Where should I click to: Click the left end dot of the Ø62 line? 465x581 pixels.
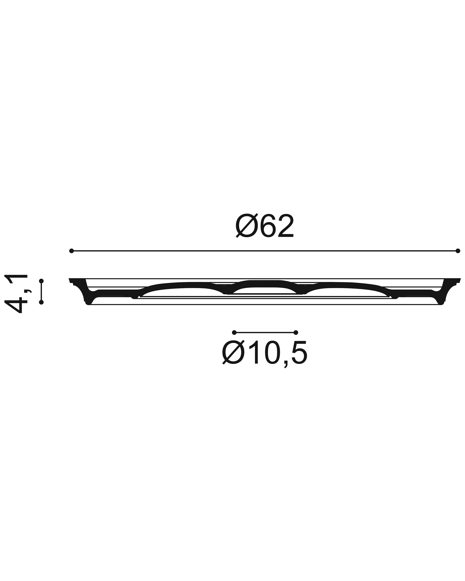coord(71,251)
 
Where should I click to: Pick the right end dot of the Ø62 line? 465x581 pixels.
coord(458,251)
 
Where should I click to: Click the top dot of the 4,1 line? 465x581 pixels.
coord(41,281)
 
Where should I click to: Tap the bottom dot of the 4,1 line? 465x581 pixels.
coord(41,302)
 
